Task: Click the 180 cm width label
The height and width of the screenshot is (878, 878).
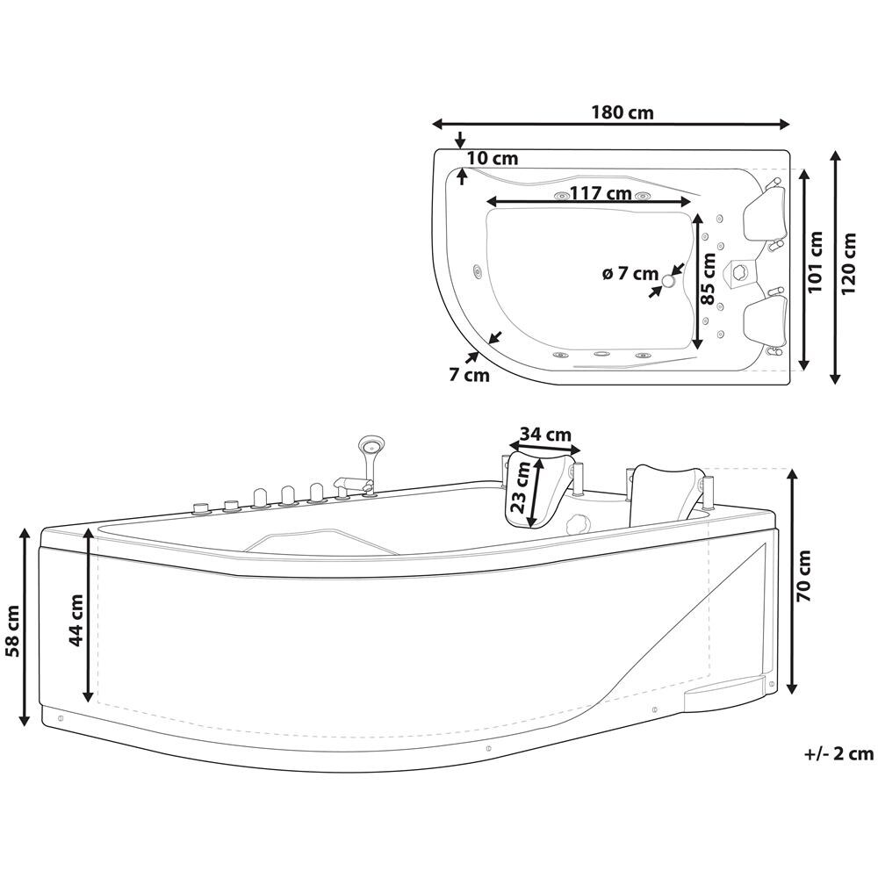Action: tap(623, 112)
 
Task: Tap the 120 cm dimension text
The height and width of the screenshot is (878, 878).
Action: tap(849, 263)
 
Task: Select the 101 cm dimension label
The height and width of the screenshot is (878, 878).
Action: tap(816, 262)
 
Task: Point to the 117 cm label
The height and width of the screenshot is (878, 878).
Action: tap(601, 193)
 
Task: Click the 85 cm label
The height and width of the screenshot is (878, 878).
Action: tap(709, 279)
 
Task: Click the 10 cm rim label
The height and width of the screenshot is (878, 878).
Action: tap(493, 158)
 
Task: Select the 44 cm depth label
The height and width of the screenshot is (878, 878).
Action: tap(76, 620)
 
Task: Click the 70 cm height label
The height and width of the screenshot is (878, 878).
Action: tap(803, 576)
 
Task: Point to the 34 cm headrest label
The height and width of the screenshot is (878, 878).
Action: tap(546, 434)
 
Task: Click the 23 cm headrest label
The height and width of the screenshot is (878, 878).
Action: tap(520, 486)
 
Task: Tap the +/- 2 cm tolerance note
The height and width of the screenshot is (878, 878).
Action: tap(838, 753)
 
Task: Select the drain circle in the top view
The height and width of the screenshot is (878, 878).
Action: tap(668, 281)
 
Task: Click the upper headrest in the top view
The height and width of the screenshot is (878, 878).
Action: tap(764, 213)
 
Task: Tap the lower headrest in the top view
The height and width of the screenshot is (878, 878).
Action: tap(765, 323)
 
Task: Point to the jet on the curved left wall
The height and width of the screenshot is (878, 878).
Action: tap(478, 271)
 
